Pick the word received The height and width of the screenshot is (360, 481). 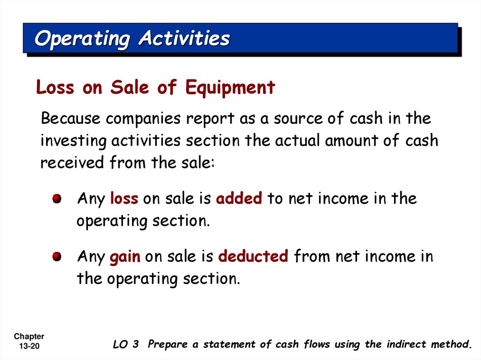click(x=72, y=162)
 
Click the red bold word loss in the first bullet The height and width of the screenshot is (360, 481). click(x=124, y=199)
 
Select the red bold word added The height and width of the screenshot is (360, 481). click(x=239, y=199)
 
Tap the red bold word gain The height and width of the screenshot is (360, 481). click(x=125, y=257)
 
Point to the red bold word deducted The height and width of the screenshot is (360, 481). click(x=253, y=257)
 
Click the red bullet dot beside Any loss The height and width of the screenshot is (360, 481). click(x=56, y=199)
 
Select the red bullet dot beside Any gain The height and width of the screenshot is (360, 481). click(x=56, y=257)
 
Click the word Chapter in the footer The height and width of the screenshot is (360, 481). click(x=29, y=336)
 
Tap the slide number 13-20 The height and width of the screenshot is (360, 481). click(x=29, y=346)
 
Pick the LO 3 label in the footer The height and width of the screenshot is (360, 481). click(x=126, y=345)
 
